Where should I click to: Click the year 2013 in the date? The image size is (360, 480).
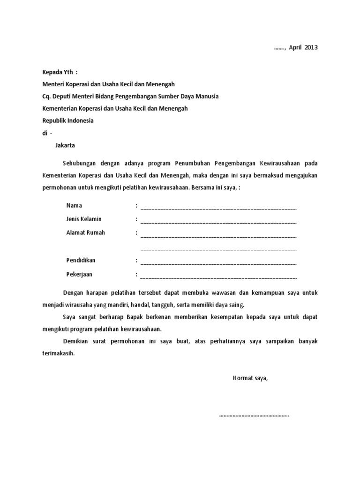coord(310,48)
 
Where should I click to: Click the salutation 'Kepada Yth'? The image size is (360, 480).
coord(60,72)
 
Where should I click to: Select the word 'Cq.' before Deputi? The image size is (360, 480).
coord(47,96)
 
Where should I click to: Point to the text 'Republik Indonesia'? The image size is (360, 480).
coord(68,120)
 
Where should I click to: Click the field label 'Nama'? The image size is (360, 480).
coord(74,206)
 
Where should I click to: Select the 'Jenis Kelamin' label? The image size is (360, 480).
coord(84,219)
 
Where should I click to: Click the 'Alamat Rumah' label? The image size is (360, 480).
coord(86,232)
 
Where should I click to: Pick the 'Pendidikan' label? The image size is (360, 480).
coord(81,260)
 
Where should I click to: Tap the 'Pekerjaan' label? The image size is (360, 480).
coord(79,274)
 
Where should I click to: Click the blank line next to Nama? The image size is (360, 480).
coord(218,207)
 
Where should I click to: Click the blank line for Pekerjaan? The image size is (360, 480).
coord(218,276)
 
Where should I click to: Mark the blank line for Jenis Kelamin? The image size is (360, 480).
coord(218,221)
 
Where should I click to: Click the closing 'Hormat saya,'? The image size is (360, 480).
coord(250,378)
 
